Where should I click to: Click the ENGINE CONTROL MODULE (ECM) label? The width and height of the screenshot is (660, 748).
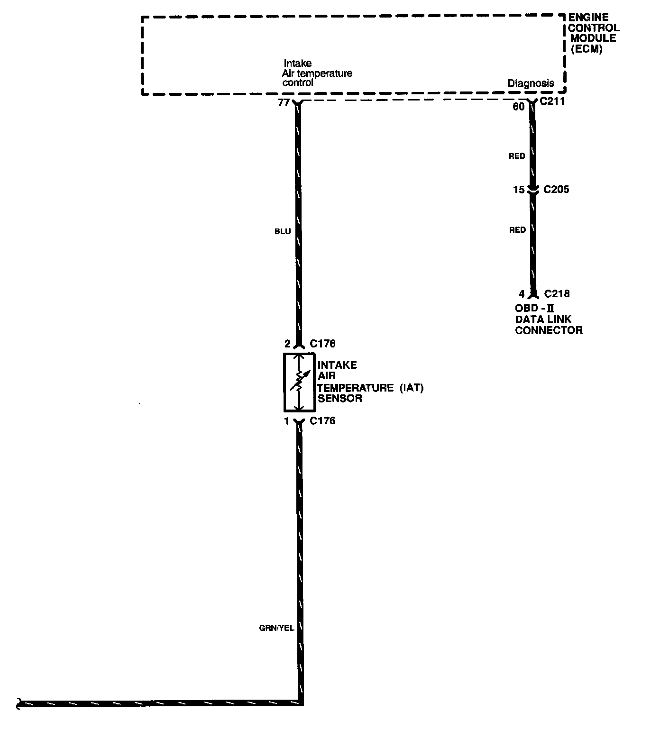(x=594, y=33)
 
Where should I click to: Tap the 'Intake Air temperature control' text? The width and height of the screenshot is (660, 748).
(x=317, y=73)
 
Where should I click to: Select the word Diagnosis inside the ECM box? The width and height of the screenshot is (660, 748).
(x=531, y=83)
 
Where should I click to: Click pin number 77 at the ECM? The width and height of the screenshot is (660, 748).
(x=284, y=102)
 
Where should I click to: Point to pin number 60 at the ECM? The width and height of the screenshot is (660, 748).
(x=519, y=107)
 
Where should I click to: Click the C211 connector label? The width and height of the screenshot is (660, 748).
(x=552, y=101)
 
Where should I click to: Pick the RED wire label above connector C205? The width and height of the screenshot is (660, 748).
(x=517, y=156)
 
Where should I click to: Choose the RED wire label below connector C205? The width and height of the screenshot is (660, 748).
(x=517, y=230)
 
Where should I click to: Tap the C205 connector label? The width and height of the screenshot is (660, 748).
(x=556, y=190)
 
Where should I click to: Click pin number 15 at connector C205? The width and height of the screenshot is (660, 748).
(x=519, y=190)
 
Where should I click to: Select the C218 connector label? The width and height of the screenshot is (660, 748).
(x=557, y=294)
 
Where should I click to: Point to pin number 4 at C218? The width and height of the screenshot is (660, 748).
(x=522, y=294)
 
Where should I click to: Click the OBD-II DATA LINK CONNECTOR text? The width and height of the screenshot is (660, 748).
(x=549, y=319)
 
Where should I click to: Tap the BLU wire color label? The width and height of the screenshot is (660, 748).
(x=282, y=231)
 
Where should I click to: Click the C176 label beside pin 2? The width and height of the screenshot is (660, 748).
(x=322, y=344)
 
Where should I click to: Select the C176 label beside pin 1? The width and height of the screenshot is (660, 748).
(x=322, y=421)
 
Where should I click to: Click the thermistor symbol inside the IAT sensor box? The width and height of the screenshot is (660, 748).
(x=299, y=382)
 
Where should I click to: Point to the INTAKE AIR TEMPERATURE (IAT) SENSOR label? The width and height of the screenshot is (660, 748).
(x=370, y=382)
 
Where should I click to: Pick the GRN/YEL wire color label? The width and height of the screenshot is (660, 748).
(x=276, y=628)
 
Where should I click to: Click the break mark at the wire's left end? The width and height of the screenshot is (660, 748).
(x=19, y=703)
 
